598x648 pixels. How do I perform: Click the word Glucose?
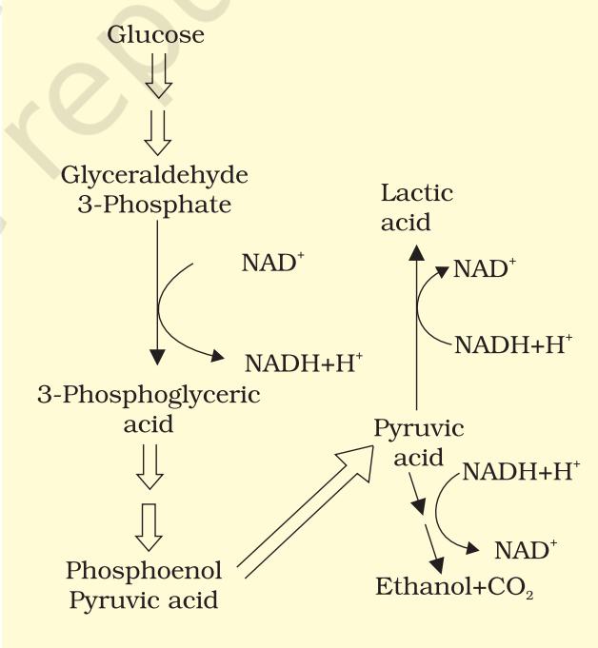(x=155, y=34)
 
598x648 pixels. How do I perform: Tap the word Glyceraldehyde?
(x=154, y=176)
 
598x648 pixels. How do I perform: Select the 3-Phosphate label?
(x=154, y=205)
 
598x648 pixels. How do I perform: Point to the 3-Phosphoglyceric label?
(x=149, y=396)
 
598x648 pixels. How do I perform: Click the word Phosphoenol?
(x=144, y=572)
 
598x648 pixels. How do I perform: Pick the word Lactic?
(x=417, y=193)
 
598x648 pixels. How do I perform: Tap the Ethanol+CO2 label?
(x=454, y=587)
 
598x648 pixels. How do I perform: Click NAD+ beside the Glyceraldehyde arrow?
(x=273, y=262)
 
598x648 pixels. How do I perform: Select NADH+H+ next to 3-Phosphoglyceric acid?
(x=304, y=363)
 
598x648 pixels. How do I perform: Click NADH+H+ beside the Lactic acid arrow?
(x=513, y=344)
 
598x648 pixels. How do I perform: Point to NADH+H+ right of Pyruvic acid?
(x=521, y=471)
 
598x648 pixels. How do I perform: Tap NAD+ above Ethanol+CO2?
(x=526, y=550)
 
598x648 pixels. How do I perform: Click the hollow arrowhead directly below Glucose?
(x=158, y=88)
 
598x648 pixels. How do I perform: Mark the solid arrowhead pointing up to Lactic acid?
(x=416, y=252)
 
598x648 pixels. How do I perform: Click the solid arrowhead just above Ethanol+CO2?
(x=437, y=564)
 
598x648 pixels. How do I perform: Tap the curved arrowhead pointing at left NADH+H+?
(x=217, y=356)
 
